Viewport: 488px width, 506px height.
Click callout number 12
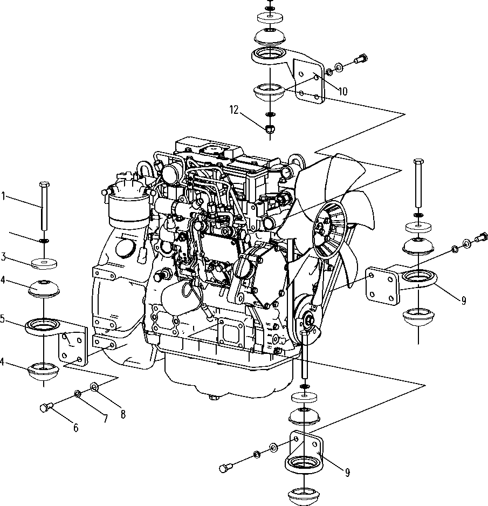tap(234, 110)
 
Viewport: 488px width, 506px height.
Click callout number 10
tap(343, 91)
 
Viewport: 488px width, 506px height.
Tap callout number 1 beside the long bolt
tap(4, 196)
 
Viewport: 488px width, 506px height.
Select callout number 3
tap(3, 257)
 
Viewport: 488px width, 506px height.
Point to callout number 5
tap(3, 319)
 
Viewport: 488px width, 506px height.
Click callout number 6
tap(76, 428)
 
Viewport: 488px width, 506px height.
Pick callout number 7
tap(105, 419)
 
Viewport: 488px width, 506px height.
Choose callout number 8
tap(123, 414)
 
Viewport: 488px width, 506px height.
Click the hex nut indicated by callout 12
tap(269, 129)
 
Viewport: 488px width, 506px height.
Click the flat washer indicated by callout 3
tap(44, 264)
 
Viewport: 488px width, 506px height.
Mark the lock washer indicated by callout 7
tap(78, 394)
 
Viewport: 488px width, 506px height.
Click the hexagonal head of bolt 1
tap(44, 184)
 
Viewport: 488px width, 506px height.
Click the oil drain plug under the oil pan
tap(213, 397)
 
